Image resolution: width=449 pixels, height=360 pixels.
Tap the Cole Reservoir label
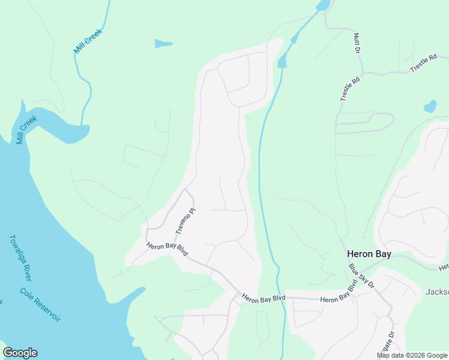pos(40,305)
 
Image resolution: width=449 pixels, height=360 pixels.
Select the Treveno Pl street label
pos(186,221)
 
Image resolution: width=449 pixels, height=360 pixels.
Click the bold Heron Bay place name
pos(369,254)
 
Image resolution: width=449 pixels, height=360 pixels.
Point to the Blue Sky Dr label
pos(361,275)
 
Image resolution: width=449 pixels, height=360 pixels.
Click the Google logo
pos(20,353)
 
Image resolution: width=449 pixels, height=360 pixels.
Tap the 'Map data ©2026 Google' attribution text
pos(412,355)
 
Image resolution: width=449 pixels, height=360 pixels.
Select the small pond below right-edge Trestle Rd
pos(430,107)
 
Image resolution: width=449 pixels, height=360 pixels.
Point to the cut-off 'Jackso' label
pos(437,292)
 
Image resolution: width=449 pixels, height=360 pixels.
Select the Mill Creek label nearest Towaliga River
pos(27,130)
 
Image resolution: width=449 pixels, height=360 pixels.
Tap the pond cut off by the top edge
pos(324,5)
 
